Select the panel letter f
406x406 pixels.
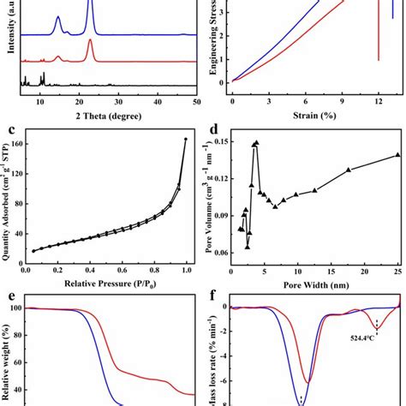pyautogui.click(x=212, y=299)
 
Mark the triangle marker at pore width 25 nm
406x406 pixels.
pyautogui.click(x=397, y=155)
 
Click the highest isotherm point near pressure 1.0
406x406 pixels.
pyautogui.click(x=186, y=139)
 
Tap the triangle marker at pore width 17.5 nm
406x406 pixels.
pyautogui.click(x=349, y=170)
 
